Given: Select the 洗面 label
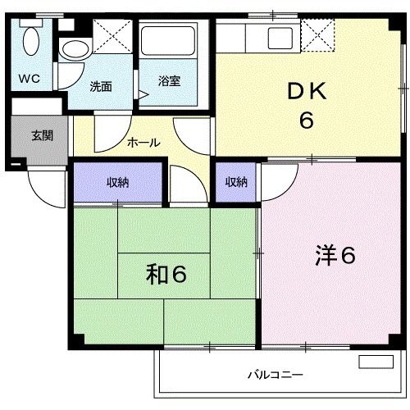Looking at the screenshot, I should [101, 84].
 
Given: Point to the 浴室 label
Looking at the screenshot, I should [170, 82].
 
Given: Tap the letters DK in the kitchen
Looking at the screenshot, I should [306, 92].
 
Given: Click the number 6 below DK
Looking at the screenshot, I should [306, 121].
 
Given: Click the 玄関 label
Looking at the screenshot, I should [42, 135].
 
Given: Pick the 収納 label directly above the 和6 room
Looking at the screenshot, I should [117, 182].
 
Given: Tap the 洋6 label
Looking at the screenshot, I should [335, 256].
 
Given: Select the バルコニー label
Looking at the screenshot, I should [276, 376].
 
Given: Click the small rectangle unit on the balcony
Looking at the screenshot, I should [375, 362].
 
